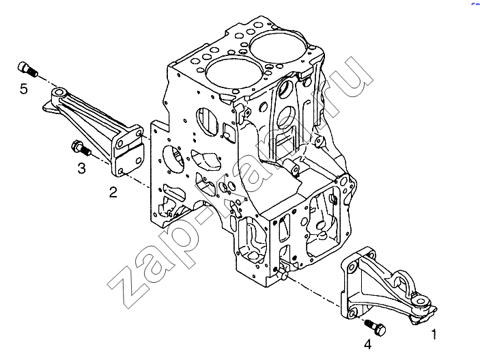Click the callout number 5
[x=24, y=89]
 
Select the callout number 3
[x=81, y=168]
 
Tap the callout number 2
[x=113, y=193]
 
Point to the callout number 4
[x=367, y=344]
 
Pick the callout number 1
[x=434, y=334]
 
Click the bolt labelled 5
[x=27, y=69]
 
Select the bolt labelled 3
[x=81, y=148]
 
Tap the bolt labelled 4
[x=375, y=327]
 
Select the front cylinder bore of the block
[x=234, y=72]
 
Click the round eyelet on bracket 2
[x=59, y=93]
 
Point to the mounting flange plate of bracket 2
[x=128, y=150]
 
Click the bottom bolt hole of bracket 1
[x=352, y=314]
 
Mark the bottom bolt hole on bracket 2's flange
[x=121, y=171]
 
